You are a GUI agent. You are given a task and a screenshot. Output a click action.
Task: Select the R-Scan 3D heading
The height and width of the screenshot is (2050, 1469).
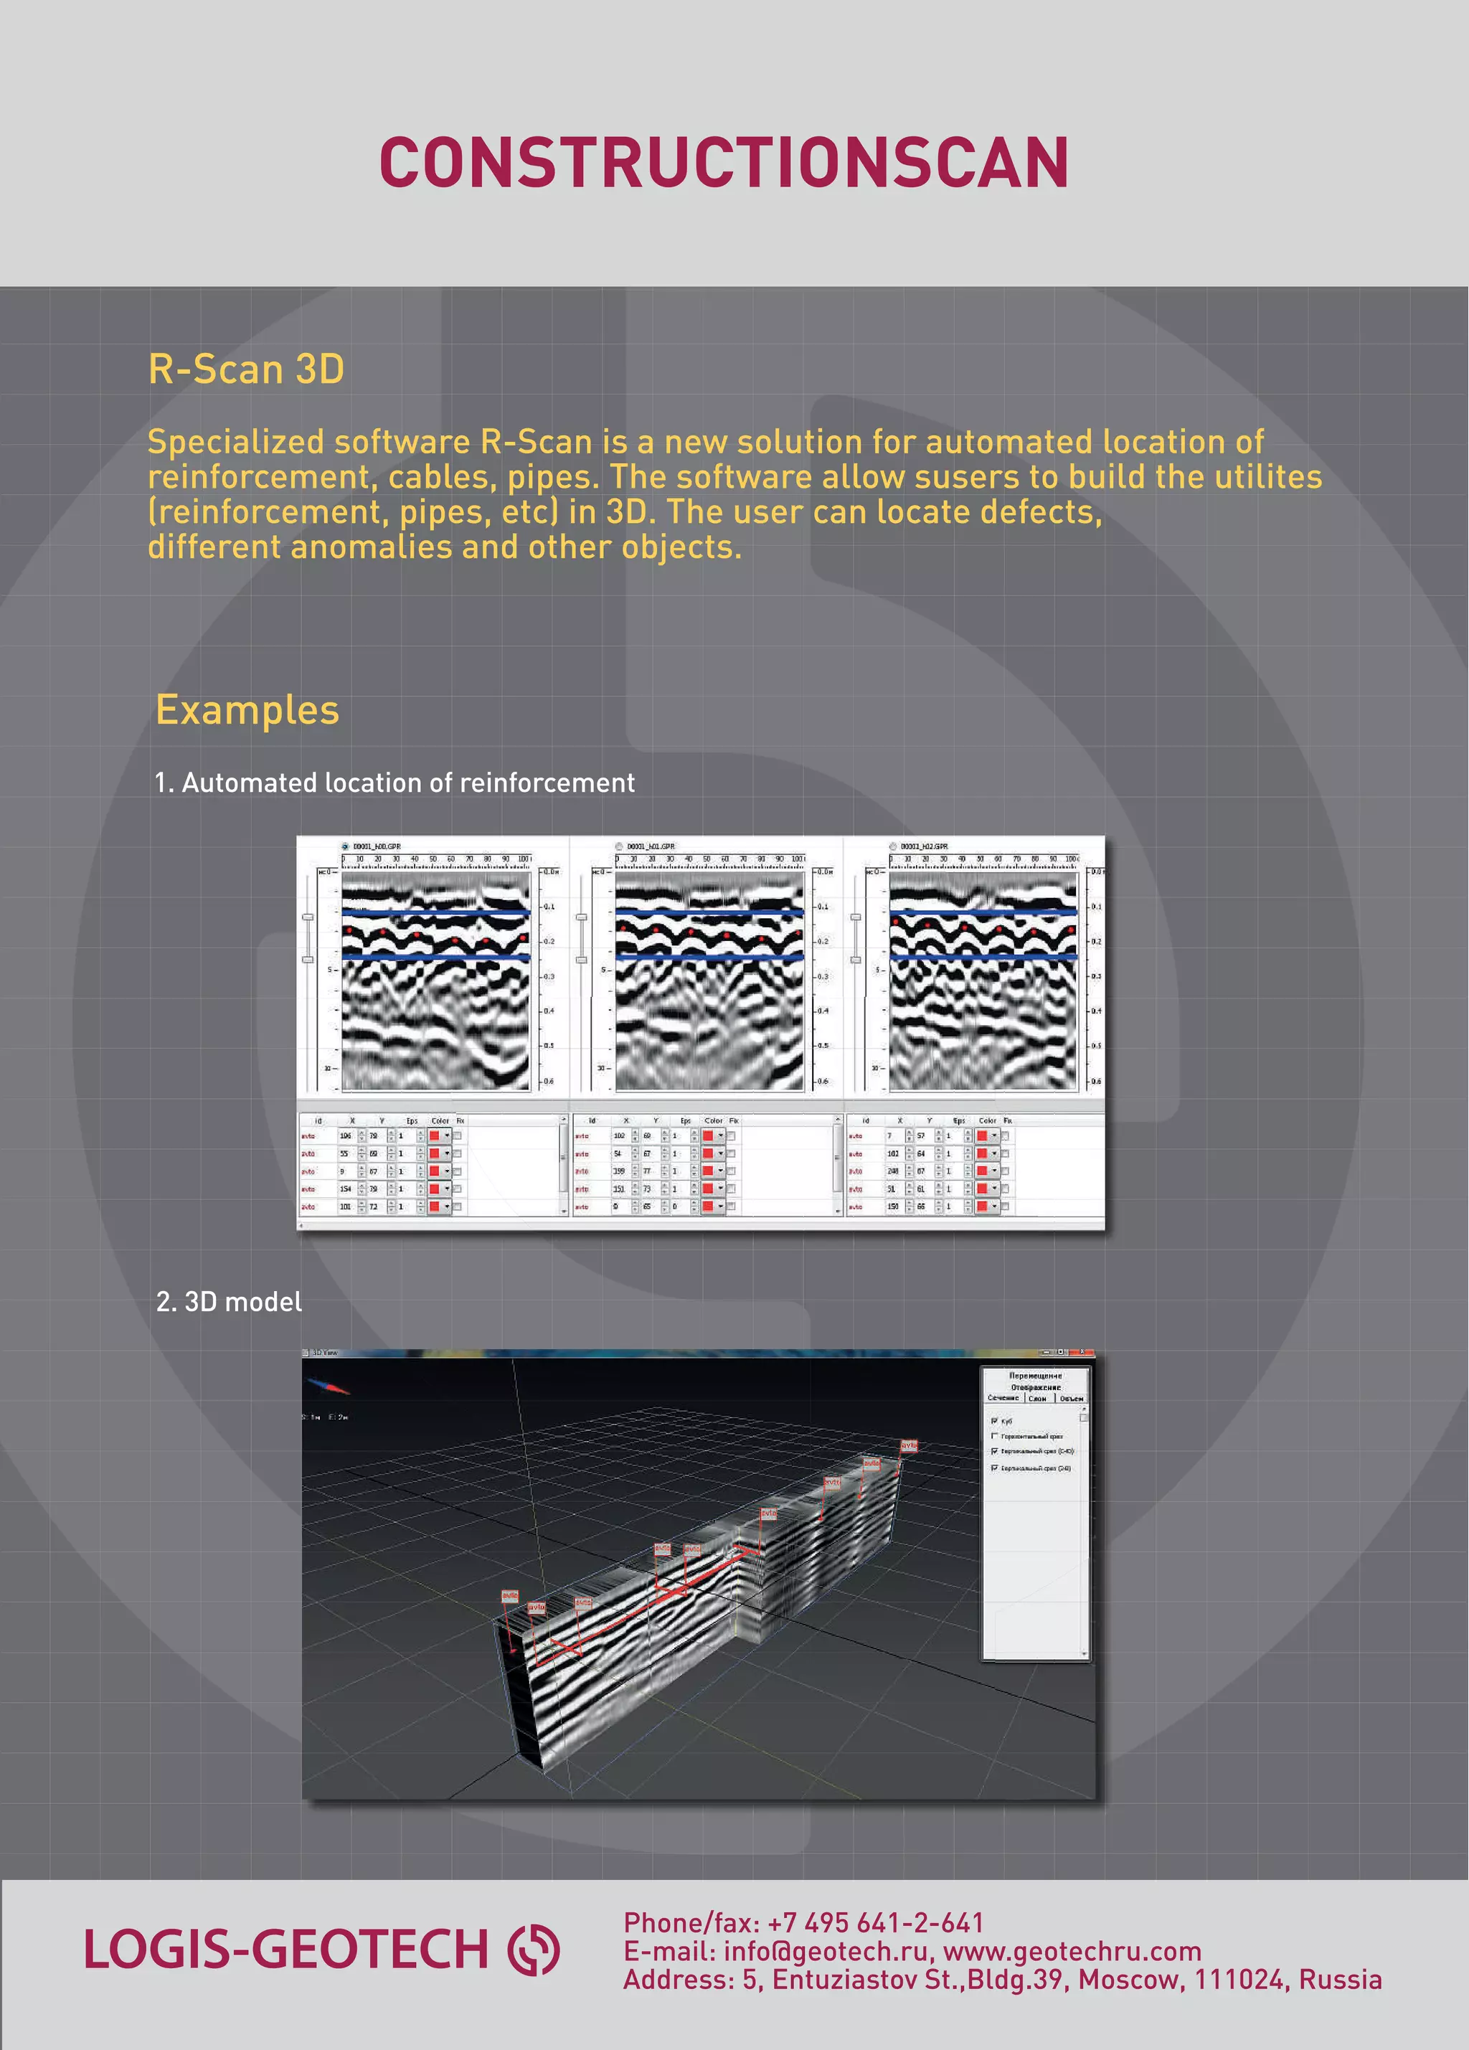(x=246, y=369)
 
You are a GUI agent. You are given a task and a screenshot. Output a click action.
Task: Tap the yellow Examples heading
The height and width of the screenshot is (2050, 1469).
(x=247, y=709)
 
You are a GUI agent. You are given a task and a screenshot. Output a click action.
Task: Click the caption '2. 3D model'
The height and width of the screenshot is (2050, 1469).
(x=229, y=1302)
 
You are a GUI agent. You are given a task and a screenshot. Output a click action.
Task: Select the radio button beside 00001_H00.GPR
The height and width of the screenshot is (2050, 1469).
(x=345, y=846)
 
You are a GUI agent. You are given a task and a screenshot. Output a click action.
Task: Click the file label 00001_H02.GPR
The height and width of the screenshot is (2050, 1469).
(x=923, y=846)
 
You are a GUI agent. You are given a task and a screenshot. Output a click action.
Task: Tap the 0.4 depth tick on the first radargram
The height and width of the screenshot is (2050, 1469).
(x=549, y=1011)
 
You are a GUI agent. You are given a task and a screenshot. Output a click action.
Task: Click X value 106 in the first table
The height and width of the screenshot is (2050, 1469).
(x=345, y=1136)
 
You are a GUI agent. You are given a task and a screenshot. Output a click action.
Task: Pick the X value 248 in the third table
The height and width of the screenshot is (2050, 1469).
(x=893, y=1171)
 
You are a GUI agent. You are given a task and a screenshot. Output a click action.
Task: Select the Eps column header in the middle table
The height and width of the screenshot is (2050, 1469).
(x=685, y=1121)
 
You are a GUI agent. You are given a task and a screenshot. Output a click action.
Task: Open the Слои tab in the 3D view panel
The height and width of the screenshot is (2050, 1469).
(x=1038, y=1398)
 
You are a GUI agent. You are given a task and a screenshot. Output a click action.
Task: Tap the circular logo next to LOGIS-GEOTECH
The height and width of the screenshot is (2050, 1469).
(x=534, y=1950)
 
